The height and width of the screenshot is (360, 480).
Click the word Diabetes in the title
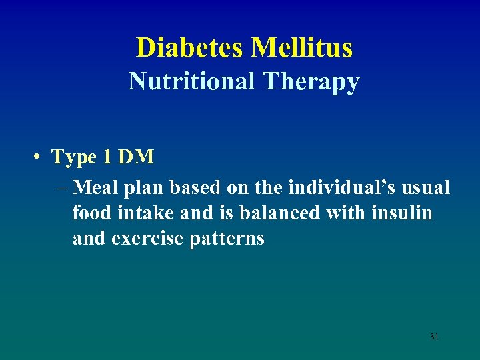(190, 47)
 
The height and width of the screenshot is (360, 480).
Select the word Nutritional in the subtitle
(192, 81)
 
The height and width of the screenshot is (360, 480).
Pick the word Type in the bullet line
(74, 157)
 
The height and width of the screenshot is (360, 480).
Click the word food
(91, 213)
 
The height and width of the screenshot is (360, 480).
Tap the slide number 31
(434, 337)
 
